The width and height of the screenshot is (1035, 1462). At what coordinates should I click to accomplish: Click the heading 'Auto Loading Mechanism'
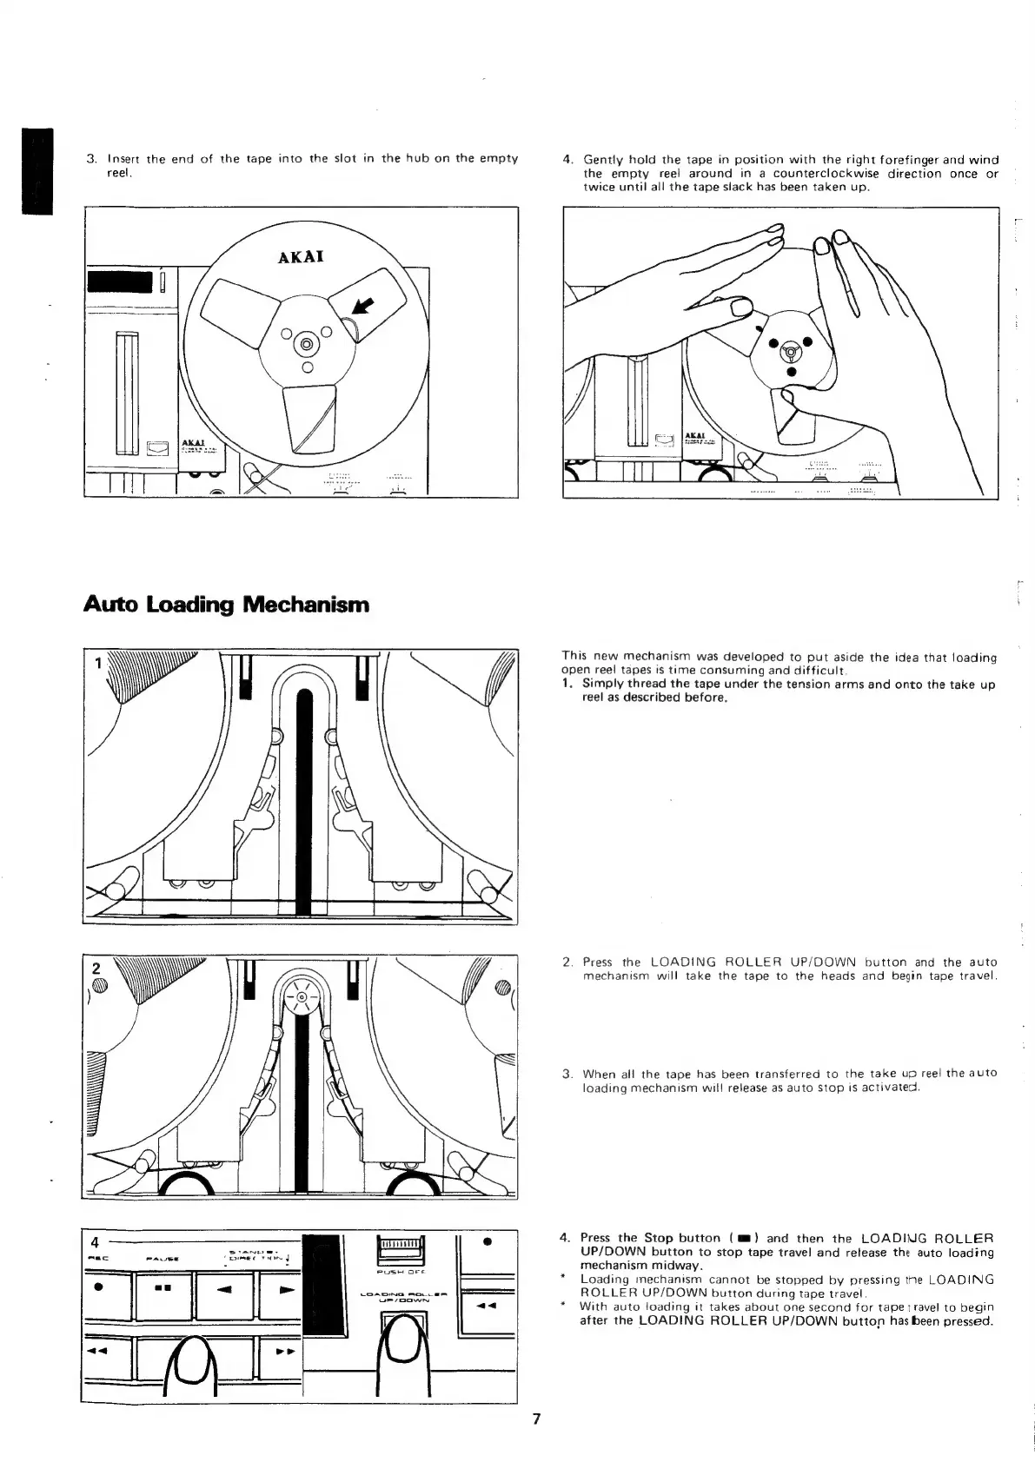pyautogui.click(x=226, y=604)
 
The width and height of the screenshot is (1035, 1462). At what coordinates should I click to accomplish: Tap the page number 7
pyautogui.click(x=536, y=1419)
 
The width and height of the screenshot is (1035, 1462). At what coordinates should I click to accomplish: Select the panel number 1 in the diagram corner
pyautogui.click(x=99, y=663)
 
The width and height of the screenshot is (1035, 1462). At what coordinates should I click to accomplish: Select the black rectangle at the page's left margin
pyautogui.click(x=38, y=170)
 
